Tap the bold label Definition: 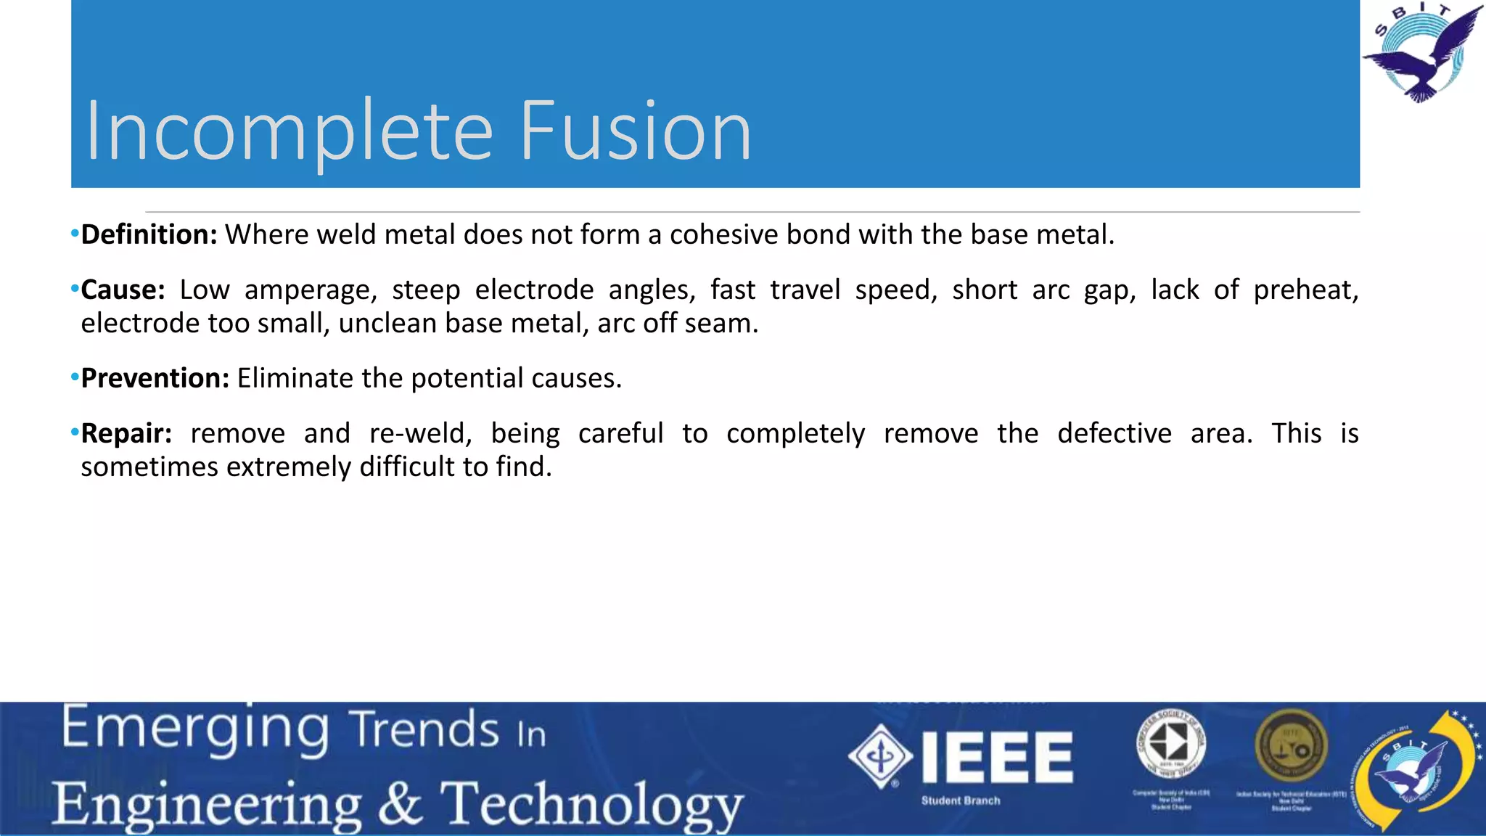pos(149,235)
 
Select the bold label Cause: pos(123,290)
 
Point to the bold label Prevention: pos(155,379)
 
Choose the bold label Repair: pos(126,434)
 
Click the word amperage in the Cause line pos(311,290)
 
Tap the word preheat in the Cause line pos(1305,290)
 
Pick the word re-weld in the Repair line pos(420,434)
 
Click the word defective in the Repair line pos(1114,434)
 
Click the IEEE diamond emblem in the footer pos(880,757)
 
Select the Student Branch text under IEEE pos(961,801)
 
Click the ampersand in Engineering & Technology pos(400,804)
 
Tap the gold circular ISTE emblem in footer pos(1291,746)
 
